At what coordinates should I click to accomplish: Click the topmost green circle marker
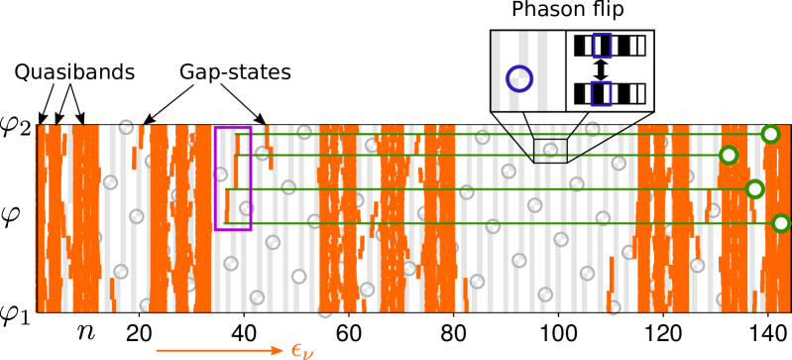click(x=770, y=134)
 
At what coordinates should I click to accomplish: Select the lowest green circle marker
click(x=781, y=223)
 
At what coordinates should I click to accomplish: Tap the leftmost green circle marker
click(x=729, y=155)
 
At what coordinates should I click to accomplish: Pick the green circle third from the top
click(x=754, y=188)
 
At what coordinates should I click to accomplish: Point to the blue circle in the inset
click(x=519, y=78)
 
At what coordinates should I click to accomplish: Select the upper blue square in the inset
click(x=602, y=45)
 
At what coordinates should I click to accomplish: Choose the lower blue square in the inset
click(x=601, y=93)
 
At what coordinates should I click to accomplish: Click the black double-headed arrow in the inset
click(x=601, y=69)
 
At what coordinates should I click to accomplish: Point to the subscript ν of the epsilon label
click(x=308, y=354)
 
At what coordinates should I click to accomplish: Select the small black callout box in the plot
click(x=550, y=151)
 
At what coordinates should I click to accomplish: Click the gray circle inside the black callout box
click(x=550, y=151)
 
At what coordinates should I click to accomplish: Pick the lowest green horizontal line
click(x=496, y=223)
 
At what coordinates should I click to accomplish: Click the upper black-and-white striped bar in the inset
click(x=610, y=45)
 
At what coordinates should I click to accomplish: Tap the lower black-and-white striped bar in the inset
click(x=610, y=93)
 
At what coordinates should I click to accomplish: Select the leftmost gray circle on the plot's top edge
click(x=126, y=126)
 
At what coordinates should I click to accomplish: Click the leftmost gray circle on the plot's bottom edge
click(x=325, y=310)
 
